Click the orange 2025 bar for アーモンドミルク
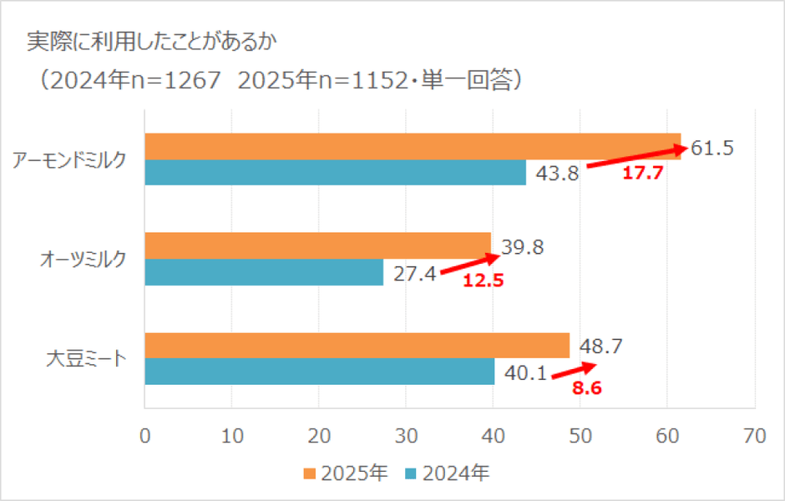(413, 146)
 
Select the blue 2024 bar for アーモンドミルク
(335, 172)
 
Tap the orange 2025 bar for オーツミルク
(317, 246)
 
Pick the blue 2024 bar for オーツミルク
(264, 272)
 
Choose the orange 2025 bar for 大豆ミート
(357, 346)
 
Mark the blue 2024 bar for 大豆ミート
(319, 372)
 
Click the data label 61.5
(712, 149)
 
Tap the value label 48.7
(599, 346)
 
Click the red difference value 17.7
(642, 175)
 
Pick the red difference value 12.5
(483, 281)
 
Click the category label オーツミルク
(84, 260)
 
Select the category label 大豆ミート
(86, 360)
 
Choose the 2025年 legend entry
(344, 473)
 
